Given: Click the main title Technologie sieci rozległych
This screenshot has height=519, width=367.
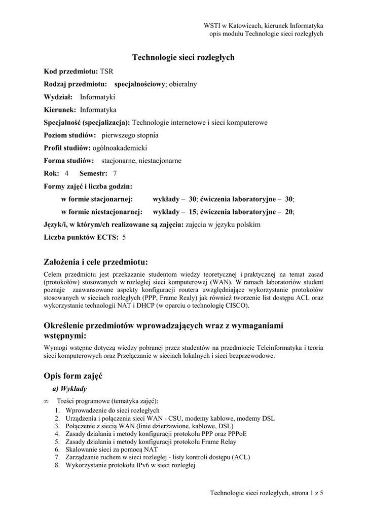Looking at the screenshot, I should click(183, 58).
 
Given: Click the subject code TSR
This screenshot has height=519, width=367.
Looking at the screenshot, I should click(106, 71).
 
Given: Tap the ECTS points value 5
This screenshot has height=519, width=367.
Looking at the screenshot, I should click(124, 237).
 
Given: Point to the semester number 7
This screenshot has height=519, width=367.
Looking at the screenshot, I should click(115, 173).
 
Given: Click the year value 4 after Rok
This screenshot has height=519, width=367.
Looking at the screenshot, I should click(66, 173).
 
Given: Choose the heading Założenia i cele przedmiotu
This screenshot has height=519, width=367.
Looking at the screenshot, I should click(96, 262).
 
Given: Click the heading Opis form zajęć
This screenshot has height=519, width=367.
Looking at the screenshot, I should click(74, 376).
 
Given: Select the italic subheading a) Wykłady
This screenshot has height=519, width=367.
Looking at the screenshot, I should click(69, 389).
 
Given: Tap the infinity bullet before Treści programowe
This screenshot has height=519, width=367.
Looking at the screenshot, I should click(47, 401).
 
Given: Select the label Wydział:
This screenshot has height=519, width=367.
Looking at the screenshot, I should click(58, 97).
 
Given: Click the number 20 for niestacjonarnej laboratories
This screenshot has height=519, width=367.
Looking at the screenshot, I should click(288, 211).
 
